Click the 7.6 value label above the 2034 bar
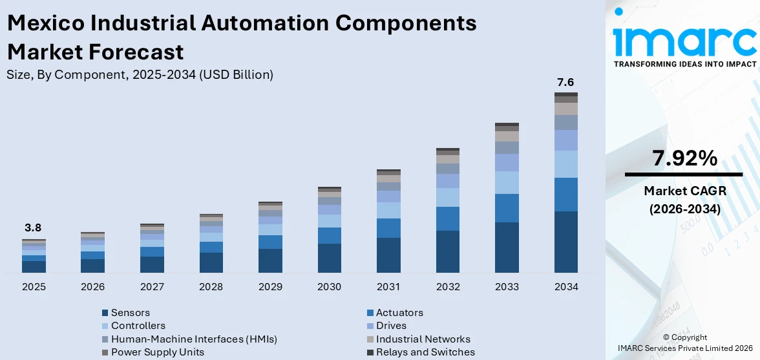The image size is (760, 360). tap(565, 82)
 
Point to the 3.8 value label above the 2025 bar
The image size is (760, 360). tap(33, 228)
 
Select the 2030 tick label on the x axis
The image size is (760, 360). tap(329, 286)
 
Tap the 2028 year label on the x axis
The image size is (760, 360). tap(211, 286)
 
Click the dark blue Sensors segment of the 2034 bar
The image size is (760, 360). tap(565, 241)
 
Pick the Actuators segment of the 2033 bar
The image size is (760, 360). tap(507, 208)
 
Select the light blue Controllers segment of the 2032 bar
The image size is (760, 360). tap(447, 197)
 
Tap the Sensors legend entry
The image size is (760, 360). tap(130, 313)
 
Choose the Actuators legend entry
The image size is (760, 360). tap(399, 313)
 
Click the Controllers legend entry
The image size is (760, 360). tap(138, 326)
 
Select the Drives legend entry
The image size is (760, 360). tap(391, 326)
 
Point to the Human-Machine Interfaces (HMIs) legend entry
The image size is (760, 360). tap(193, 339)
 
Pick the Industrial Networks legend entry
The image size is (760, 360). tap(423, 339)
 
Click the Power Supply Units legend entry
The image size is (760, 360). tap(157, 352)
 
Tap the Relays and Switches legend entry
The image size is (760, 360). tap(425, 352)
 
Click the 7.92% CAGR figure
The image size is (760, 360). tap(684, 158)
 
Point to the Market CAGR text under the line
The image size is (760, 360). tap(684, 191)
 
